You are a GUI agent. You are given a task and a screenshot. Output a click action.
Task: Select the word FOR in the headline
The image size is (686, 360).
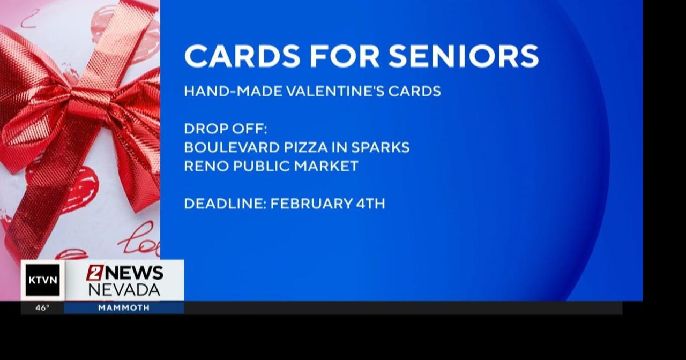point(346,56)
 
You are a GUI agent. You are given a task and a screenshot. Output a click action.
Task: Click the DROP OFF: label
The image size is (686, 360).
point(225,129)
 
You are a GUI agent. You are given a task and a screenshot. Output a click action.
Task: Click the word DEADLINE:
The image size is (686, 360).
point(225,204)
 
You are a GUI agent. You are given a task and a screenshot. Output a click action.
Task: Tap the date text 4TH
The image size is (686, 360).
point(369,204)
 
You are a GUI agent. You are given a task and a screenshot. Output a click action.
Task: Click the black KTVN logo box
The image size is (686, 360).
point(43,280)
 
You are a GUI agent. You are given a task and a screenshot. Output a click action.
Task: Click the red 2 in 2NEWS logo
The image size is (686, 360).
point(95,273)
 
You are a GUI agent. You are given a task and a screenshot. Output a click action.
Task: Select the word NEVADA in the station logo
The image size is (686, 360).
point(124,290)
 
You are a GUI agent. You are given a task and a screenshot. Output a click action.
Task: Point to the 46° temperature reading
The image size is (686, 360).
point(42,308)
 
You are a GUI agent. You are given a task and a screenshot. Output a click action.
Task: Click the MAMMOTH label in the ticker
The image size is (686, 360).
point(124,308)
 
